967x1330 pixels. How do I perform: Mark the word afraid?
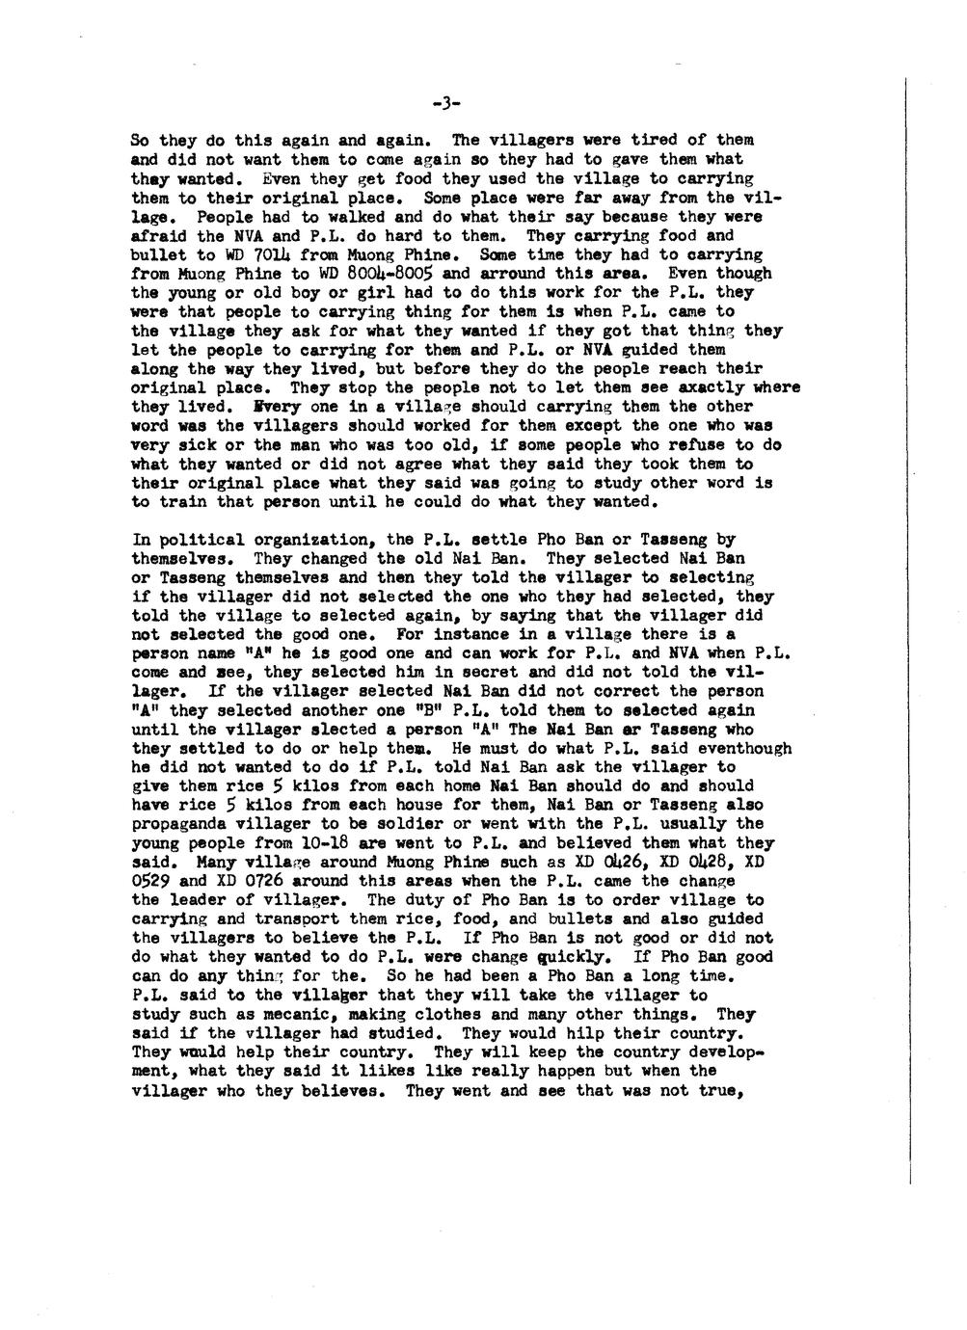[155, 236]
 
